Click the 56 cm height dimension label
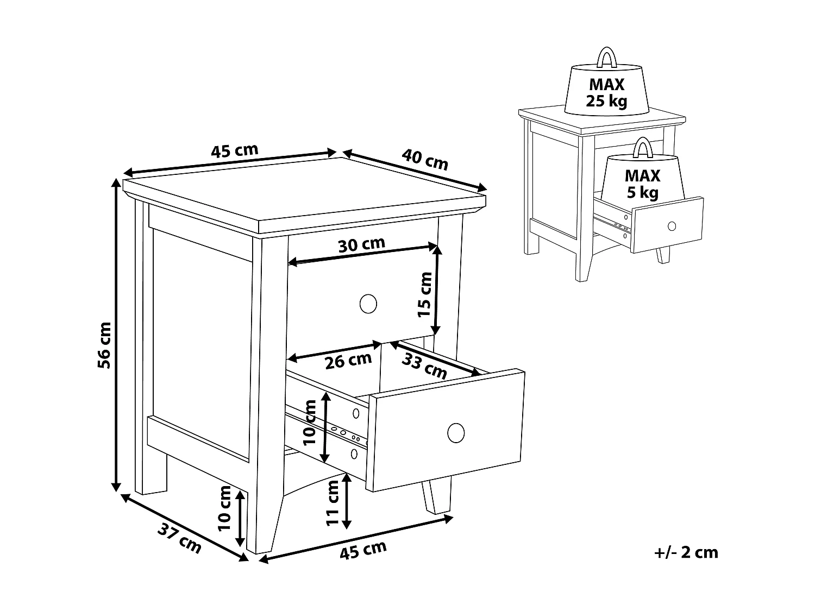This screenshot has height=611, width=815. pos(104,345)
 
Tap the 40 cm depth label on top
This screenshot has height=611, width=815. pos(425,159)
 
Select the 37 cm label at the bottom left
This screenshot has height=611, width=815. pos(179,538)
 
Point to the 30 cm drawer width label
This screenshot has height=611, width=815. pos(361,244)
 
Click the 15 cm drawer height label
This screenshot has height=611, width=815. pos(425,294)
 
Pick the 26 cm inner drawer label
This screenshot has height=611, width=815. pos(348,360)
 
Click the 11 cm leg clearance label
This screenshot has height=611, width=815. pos(333,503)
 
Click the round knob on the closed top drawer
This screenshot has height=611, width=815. pos(368,304)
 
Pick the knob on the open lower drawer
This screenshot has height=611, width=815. pos(456,433)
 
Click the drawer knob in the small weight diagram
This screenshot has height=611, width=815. pos(672,226)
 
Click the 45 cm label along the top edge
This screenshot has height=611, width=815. pos(234,150)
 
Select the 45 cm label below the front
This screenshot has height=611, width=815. pos(363,550)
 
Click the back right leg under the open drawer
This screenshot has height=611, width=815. pos(437,496)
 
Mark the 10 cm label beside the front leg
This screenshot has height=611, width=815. pos(224,508)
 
